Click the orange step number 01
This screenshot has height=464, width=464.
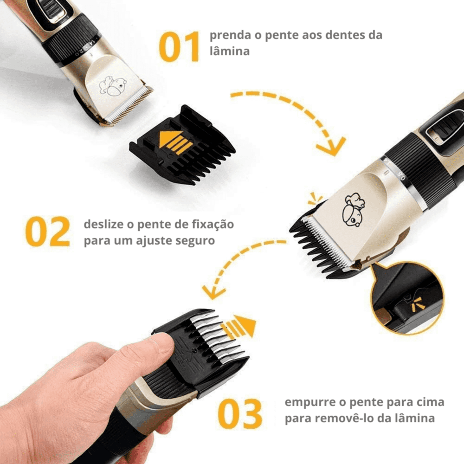coord(180,47)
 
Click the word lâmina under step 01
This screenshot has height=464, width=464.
coord(229,51)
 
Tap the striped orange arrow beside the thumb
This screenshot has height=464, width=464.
coord(239,326)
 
